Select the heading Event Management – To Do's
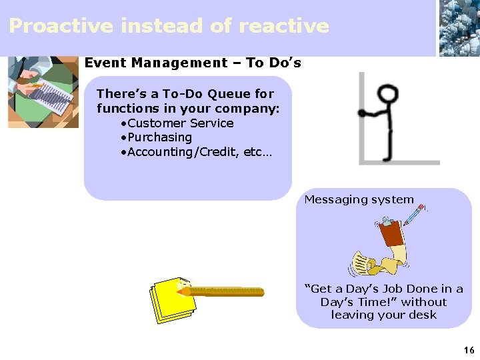pyautogui.click(x=193, y=63)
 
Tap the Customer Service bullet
pyautogui.click(x=180, y=123)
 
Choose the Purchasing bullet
pyautogui.click(x=159, y=137)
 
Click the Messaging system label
pyautogui.click(x=359, y=199)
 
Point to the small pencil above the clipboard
pyautogui.click(x=414, y=215)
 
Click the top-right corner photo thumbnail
pyautogui.click(x=459, y=28)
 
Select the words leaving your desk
pyautogui.click(x=384, y=315)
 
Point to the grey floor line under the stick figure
pyautogui.click(x=400, y=162)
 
